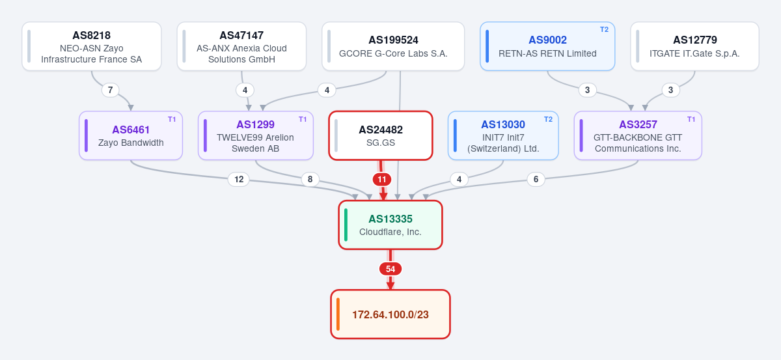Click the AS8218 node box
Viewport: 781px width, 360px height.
pos(92,46)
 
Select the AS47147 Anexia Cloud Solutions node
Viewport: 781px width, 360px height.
pos(241,46)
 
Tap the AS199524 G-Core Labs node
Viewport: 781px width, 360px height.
pos(393,46)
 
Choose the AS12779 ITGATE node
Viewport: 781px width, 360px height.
pos(695,46)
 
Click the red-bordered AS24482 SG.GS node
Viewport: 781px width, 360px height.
pos(381,135)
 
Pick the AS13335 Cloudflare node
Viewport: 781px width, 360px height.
pos(390,225)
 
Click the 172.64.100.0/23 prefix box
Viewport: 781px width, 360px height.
pos(390,314)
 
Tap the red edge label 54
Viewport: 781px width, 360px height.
pos(390,269)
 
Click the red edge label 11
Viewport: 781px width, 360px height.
pos(382,180)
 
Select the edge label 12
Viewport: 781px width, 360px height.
pos(239,179)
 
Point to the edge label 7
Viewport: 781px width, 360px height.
pos(110,90)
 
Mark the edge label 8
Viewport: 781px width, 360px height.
pos(310,179)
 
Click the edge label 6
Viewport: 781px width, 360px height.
pos(536,179)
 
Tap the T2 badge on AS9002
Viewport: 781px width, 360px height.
pos(604,30)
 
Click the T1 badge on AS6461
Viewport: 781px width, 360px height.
pos(172,119)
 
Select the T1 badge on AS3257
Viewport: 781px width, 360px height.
pos(691,119)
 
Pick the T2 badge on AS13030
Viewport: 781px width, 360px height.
pos(549,119)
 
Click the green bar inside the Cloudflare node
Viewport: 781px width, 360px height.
pos(346,225)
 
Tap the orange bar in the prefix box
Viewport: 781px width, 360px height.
pos(338,314)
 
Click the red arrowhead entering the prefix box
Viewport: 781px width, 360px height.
pos(390,285)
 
